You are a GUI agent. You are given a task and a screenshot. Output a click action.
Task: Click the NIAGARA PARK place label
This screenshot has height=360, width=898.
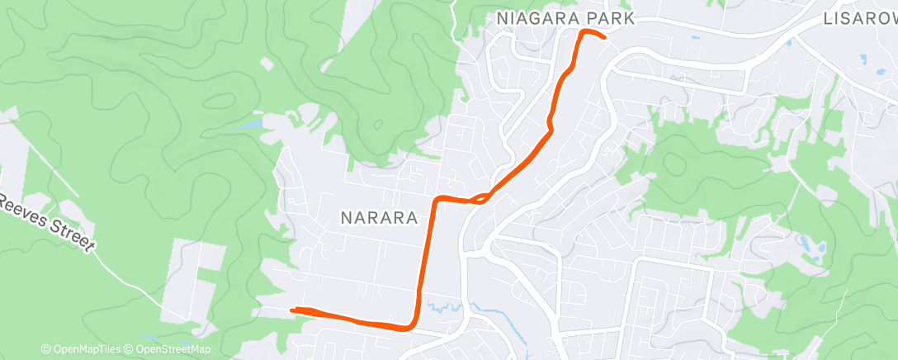coord(565,18)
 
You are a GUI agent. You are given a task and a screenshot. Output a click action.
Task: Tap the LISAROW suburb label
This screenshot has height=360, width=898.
coord(859,18)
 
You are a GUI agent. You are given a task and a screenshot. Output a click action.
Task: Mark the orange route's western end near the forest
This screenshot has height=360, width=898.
coord(292,310)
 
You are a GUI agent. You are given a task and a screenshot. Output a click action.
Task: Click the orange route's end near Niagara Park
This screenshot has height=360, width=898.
coord(605,37)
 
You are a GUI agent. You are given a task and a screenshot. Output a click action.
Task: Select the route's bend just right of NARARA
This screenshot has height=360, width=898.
coord(438,199)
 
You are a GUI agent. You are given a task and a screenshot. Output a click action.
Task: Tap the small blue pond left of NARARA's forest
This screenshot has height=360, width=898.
coord(248,125)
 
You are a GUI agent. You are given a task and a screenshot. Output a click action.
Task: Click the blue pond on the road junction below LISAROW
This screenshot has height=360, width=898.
coord(863,59)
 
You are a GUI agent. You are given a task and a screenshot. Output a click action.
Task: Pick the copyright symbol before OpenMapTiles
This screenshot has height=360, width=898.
coord(46,349)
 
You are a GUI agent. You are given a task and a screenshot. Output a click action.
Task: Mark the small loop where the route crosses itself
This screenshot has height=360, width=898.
coord(481,198)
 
